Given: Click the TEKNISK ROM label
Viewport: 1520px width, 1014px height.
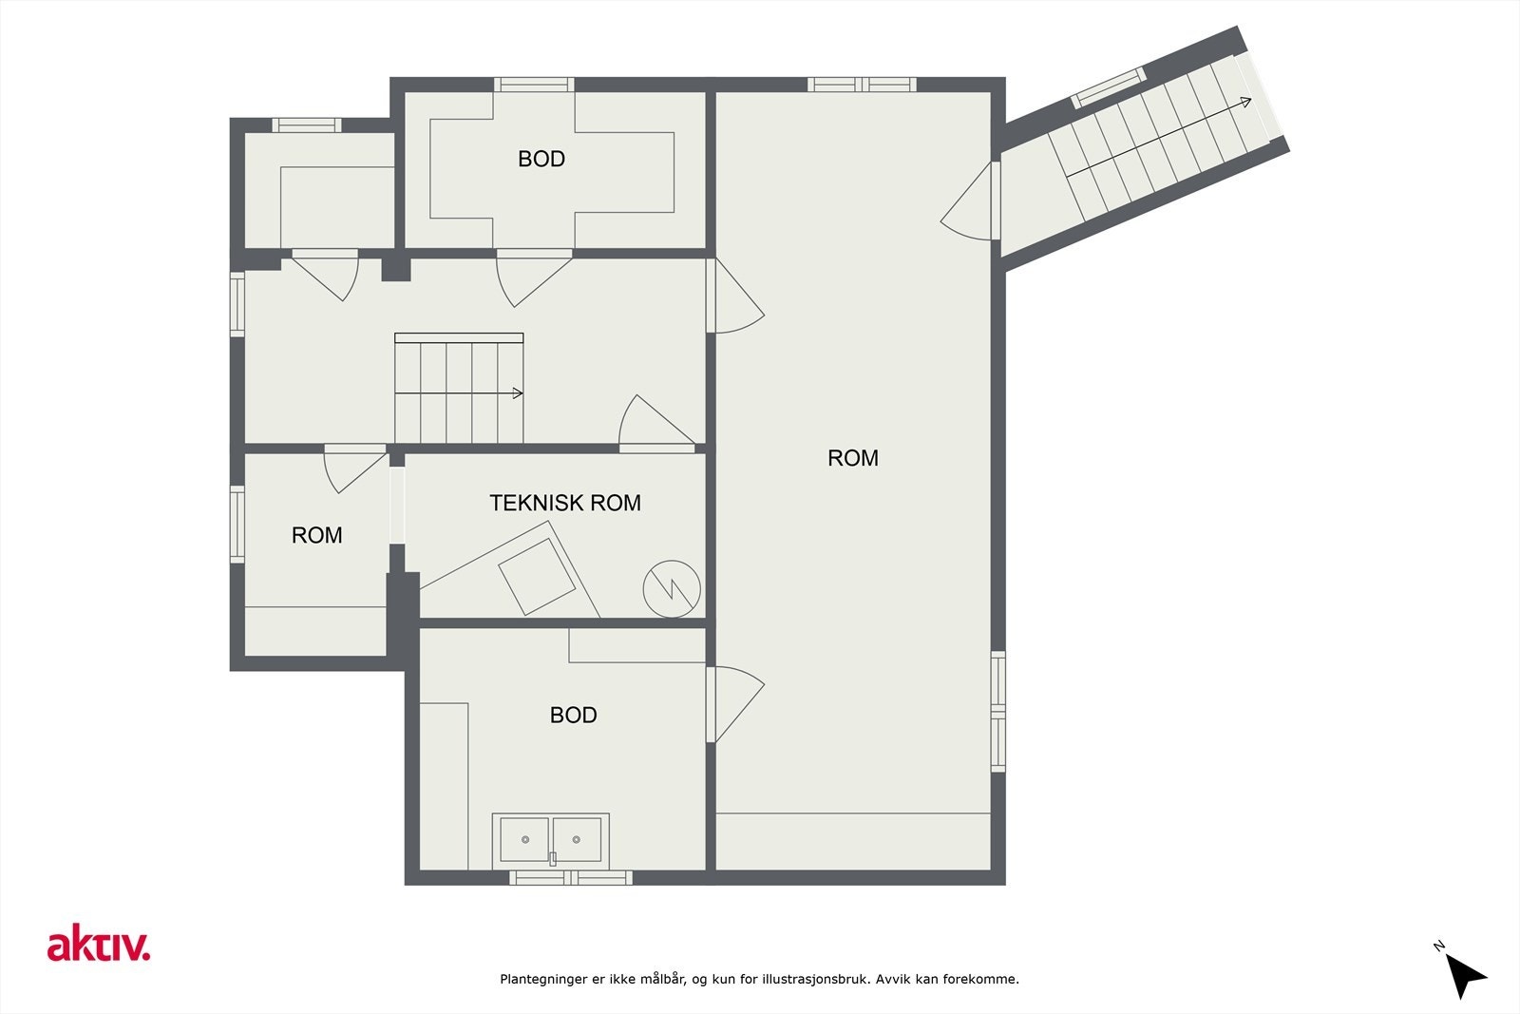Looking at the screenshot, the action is (x=565, y=503).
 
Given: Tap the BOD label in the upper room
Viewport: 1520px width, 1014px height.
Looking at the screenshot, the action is (x=541, y=159).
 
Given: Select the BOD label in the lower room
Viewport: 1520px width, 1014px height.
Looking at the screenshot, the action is (x=574, y=715).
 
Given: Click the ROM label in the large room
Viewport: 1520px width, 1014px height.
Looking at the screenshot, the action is (x=853, y=458).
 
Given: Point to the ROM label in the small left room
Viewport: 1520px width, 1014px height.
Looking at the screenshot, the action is (x=317, y=535).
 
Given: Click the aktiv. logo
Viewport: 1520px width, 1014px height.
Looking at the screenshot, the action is (x=99, y=943).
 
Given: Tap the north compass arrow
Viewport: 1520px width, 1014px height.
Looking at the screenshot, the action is (x=1464, y=976).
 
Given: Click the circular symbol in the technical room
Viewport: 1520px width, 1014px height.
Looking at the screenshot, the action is (x=672, y=588).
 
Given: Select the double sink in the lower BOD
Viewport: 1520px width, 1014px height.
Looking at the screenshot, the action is (x=550, y=841).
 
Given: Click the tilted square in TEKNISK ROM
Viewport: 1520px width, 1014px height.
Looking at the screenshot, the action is (x=537, y=577).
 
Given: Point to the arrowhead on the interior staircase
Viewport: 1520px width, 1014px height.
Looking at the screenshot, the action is (x=518, y=393).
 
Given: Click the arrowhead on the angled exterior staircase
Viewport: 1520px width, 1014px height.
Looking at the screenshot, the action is (x=1245, y=102).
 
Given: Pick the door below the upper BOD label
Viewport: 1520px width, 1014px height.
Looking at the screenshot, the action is (x=534, y=278).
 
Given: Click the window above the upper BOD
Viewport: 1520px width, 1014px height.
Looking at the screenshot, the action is (x=534, y=85).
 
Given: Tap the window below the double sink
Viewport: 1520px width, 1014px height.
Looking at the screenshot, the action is (x=571, y=877).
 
